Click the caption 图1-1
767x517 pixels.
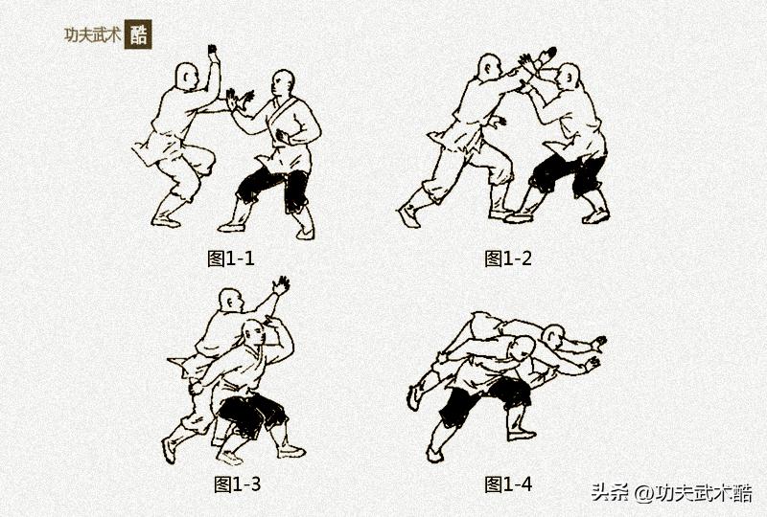click(231, 258)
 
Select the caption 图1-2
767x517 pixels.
click(507, 258)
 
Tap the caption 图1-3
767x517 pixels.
click(234, 483)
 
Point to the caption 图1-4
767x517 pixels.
click(507, 483)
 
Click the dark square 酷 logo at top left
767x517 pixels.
click(138, 34)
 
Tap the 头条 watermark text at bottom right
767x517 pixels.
click(609, 493)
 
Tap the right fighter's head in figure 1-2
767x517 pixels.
click(568, 77)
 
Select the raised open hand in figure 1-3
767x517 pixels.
click(280, 284)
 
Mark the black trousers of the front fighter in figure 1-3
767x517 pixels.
click(247, 413)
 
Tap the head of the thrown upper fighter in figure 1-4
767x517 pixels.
click(552, 336)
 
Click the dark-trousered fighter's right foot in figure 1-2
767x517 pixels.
click(595, 214)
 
